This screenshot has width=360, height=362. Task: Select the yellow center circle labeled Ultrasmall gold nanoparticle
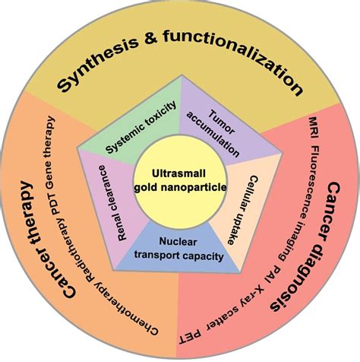tap(179, 181)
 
